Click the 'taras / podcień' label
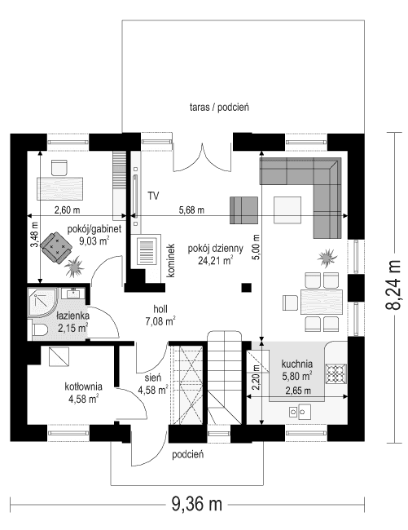(x=218, y=106)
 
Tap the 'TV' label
(x=153, y=197)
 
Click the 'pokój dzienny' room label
(x=211, y=249)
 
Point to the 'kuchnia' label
(x=298, y=364)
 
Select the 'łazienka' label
(x=73, y=315)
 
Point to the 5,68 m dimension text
(x=191, y=210)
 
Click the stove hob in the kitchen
(x=336, y=373)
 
